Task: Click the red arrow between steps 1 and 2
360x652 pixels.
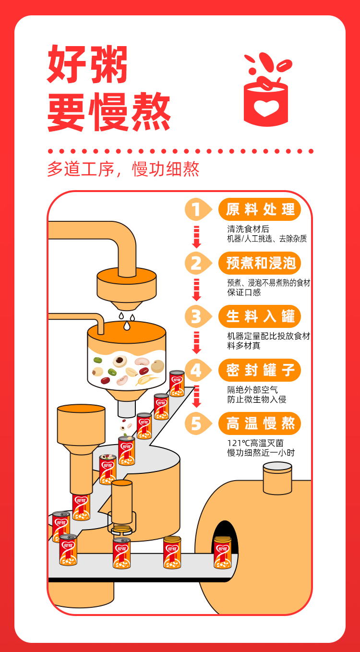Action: coord(197,237)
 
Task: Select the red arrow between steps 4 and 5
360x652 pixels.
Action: coord(197,396)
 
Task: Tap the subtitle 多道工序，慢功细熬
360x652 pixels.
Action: coord(123,169)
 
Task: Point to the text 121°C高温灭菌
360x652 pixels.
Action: coord(255,443)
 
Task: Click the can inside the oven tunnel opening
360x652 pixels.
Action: coord(223,552)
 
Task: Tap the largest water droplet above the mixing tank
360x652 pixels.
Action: coord(127,325)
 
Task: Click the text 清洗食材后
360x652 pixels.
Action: coord(248,229)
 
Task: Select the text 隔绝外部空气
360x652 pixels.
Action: coord(252,389)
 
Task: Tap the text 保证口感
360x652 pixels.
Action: coord(244,292)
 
